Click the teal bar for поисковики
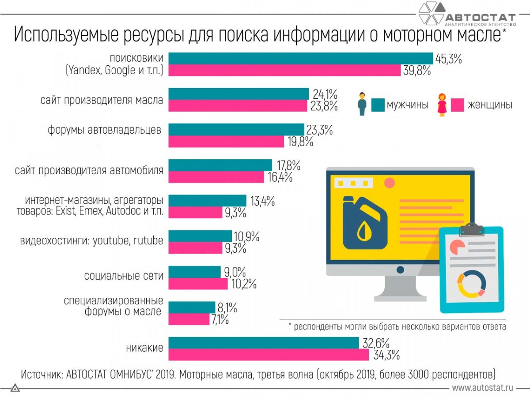pyautogui.click(x=301, y=58)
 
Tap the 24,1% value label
pyautogui.click(x=325, y=94)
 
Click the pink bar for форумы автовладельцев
pyautogui.click(x=227, y=142)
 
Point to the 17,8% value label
pyautogui.click(x=288, y=166)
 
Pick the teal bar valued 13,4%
pyautogui.click(x=208, y=201)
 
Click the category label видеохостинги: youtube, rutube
pyautogui.click(x=91, y=241)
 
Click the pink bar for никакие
pyautogui.click(x=269, y=354)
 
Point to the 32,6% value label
pyautogui.click(x=376, y=343)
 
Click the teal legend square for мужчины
pyautogui.click(x=378, y=105)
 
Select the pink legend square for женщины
pyautogui.click(x=457, y=105)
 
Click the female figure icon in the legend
pyautogui.click(x=441, y=105)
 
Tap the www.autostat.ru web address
pyautogui.click(x=482, y=388)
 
